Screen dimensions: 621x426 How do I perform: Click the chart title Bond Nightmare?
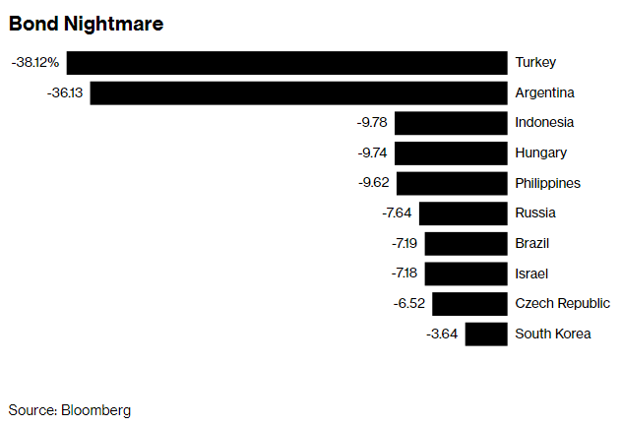pos(86,24)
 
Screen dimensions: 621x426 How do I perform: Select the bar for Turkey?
pos(286,63)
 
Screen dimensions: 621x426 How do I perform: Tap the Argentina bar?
pos(298,93)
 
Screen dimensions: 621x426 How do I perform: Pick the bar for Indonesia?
pos(451,123)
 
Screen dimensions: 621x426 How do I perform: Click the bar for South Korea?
pos(486,335)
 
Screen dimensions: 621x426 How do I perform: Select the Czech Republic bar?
pos(469,304)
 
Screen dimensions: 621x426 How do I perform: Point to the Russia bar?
pos(463,213)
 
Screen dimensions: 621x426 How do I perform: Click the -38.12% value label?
pos(35,63)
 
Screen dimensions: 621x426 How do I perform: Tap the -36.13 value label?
pos(65,92)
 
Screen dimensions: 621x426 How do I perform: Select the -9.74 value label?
pos(372,152)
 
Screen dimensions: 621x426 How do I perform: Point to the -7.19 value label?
pos(404,243)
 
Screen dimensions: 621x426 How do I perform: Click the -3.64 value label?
pos(442,334)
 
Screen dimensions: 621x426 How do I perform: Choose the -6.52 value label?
pos(409,303)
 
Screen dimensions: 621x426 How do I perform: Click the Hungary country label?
pos(540,153)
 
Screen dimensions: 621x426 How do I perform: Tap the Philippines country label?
pos(548,183)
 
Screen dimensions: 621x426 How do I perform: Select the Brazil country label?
pos(531,243)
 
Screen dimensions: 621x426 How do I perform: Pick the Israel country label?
pos(531,274)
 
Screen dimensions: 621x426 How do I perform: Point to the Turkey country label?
pos(535,63)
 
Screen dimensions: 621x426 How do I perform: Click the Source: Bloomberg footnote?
pos(69,410)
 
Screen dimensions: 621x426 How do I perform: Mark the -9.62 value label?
pos(374,183)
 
